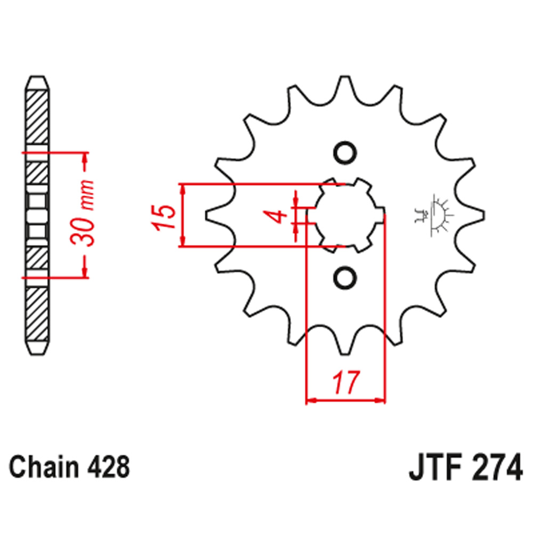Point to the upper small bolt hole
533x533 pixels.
pyautogui.click(x=344, y=152)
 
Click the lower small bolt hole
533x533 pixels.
pyautogui.click(x=344, y=278)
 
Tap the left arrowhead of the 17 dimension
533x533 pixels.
pyautogui.click(x=310, y=399)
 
